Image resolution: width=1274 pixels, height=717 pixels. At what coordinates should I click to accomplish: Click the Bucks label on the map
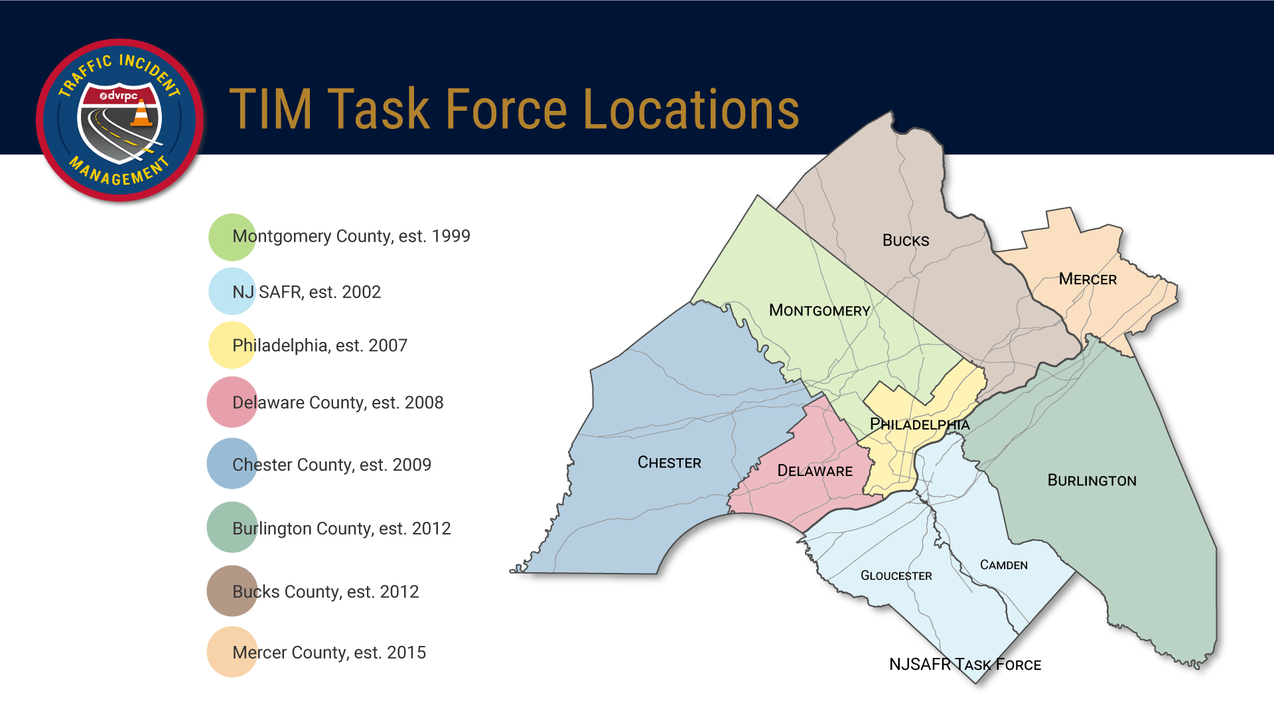(906, 240)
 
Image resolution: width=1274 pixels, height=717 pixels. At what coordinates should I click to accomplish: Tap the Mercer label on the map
(1088, 279)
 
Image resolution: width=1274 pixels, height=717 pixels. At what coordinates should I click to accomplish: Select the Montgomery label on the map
(819, 310)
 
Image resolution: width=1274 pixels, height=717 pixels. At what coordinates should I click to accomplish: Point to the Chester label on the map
(669, 463)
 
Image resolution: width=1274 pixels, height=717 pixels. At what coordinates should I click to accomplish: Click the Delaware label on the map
(815, 471)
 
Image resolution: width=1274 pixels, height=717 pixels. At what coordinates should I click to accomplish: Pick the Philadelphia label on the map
(920, 424)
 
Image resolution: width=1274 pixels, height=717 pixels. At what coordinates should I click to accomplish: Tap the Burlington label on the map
(1092, 481)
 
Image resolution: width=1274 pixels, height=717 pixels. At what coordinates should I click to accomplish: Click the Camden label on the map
(1003, 565)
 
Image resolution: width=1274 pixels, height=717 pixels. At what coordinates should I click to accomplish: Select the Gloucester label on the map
(896, 576)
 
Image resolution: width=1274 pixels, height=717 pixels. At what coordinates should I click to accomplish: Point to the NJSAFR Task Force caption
(965, 665)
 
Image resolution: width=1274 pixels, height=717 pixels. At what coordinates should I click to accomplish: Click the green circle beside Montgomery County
(232, 237)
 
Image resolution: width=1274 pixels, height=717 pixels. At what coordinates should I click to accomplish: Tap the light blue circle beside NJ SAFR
(232, 291)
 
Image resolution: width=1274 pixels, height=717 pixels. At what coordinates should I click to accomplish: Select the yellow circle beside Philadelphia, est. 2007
(232, 345)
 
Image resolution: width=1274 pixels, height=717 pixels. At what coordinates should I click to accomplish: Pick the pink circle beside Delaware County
(232, 402)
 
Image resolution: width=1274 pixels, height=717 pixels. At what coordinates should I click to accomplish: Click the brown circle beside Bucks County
(232, 591)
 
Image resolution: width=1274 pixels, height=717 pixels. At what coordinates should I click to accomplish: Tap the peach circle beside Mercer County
(232, 652)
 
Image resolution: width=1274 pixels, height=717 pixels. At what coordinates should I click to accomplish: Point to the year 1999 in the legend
(451, 236)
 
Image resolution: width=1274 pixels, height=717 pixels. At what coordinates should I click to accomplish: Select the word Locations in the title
(691, 110)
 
